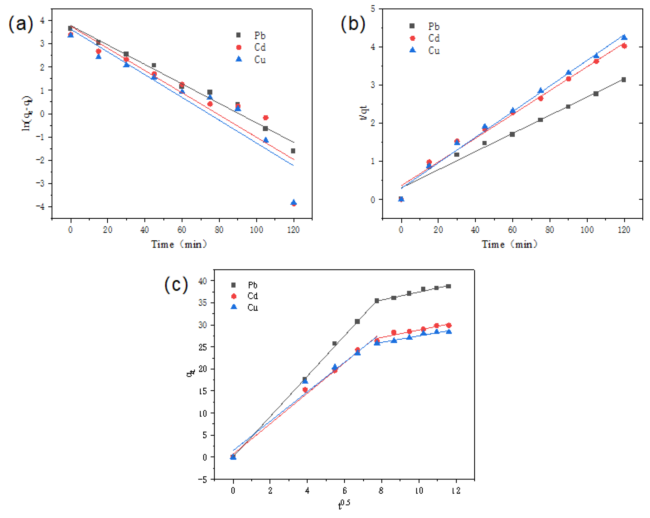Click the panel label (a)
pos(20,24)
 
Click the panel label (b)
pos(353,24)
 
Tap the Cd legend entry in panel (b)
pos(426,38)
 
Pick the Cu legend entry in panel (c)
pos(244,307)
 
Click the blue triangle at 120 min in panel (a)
pos(294,202)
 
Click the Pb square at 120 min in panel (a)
pos(293,151)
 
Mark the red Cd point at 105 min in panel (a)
pos(266,117)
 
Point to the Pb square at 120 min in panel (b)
pos(623,80)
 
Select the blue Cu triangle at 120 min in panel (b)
pos(624,37)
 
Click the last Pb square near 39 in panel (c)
pos(449,286)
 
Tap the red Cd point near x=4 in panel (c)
pos(305,389)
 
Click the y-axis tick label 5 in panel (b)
pos(373,9)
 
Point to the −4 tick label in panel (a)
pos(40,207)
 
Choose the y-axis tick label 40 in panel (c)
pos(203,281)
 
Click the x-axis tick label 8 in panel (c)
pos(381,491)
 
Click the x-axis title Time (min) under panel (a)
pos(179,244)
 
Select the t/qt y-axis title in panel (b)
pos(364,113)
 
